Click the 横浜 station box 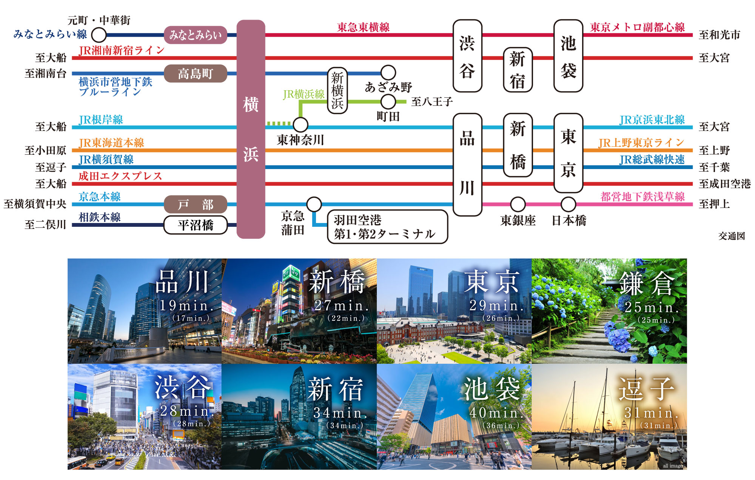(251, 129)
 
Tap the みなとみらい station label (195, 35)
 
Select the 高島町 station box (195, 74)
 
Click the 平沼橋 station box (195, 225)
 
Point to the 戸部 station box (195, 205)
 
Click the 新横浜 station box (337, 91)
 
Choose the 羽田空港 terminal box (387, 227)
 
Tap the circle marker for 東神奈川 (300, 124)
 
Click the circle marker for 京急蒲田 (314, 204)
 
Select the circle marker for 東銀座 (518, 204)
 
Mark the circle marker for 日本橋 (568, 204)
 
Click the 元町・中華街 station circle (99, 35)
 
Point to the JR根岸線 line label (101, 120)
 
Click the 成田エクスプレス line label (120, 176)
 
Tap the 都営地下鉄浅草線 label (643, 197)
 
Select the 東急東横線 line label (363, 27)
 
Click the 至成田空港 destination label (724, 184)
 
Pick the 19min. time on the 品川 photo (186, 306)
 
